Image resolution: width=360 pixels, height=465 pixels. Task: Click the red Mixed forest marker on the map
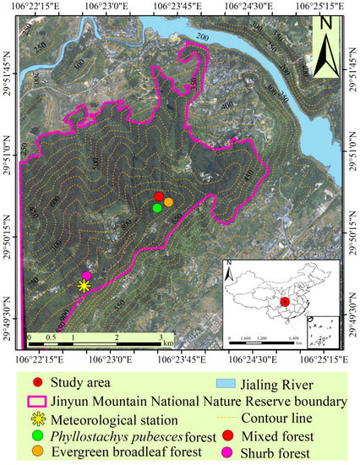[159, 197]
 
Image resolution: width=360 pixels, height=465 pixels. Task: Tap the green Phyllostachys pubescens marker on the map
[157, 207]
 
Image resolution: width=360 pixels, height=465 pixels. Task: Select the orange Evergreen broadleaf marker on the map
[168, 202]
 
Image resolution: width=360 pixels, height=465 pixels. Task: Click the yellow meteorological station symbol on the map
[84, 286]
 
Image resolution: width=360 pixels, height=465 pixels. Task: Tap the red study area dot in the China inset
[285, 302]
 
